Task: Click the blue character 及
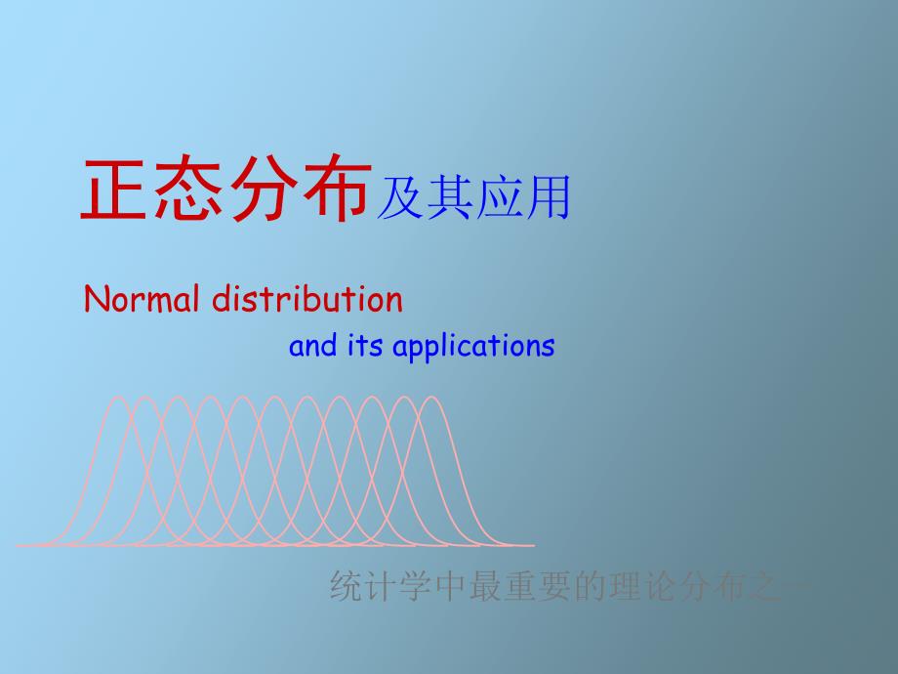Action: click(x=400, y=197)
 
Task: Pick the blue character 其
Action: click(x=450, y=197)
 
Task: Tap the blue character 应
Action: click(x=498, y=197)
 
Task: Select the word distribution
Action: click(x=307, y=299)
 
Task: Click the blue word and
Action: click(x=312, y=346)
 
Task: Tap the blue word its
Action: click(x=365, y=346)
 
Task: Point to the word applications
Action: click(x=473, y=348)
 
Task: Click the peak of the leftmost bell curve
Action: click(x=118, y=397)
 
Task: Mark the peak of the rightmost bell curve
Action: click(x=432, y=397)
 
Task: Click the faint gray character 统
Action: click(x=346, y=586)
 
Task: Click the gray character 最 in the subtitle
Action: click(x=485, y=586)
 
